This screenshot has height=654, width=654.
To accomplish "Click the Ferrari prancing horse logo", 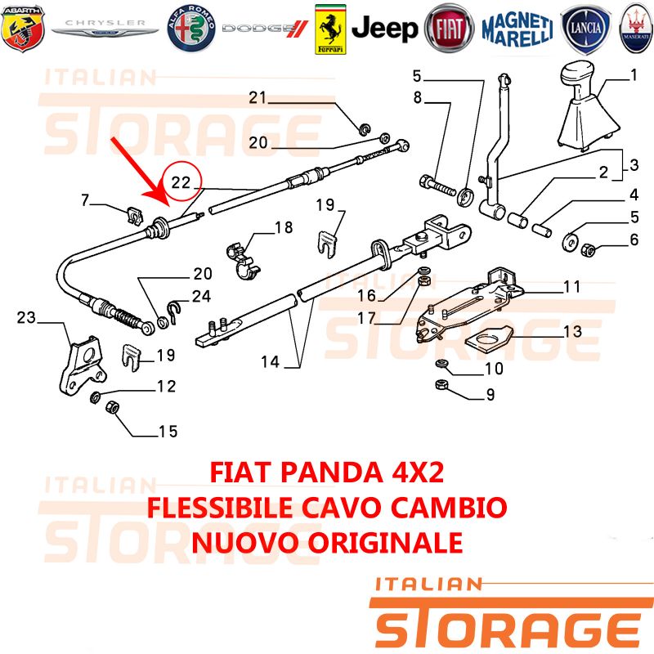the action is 330,29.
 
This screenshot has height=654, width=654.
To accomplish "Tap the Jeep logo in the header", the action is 384,29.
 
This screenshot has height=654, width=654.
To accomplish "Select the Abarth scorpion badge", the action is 23,28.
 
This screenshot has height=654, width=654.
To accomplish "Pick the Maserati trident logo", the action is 637,28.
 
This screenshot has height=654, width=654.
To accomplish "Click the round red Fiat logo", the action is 449,29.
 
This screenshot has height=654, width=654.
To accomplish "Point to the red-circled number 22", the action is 181,182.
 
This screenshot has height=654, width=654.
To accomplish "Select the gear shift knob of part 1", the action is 578,75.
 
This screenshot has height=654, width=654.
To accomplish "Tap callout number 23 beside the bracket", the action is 26,318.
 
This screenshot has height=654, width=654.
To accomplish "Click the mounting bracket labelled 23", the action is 83,365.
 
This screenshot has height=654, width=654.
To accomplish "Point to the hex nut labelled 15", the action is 113,406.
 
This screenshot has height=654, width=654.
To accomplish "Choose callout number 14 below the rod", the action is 270,361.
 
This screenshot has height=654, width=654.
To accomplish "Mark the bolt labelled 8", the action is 437,186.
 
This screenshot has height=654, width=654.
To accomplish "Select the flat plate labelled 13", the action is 489,335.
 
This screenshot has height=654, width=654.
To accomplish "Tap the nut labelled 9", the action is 441,384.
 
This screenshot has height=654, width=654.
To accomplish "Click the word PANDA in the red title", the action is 332,473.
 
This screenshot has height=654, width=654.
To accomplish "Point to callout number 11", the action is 571,287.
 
